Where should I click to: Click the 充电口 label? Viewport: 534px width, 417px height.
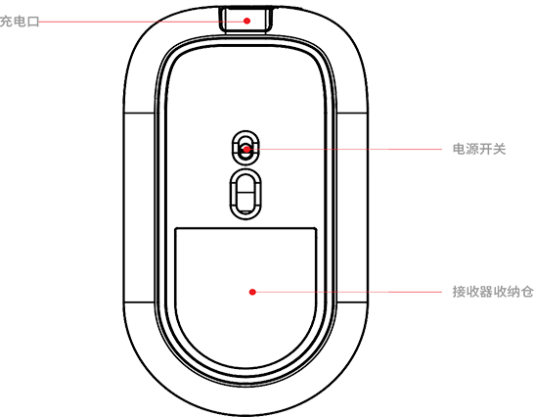pos(20,22)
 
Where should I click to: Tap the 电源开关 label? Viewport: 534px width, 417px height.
pos(479,149)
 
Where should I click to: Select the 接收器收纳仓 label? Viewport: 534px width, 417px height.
pos(493,292)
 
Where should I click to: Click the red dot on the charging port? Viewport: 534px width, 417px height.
pos(247,21)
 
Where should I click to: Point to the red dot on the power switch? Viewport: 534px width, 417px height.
pos(246,149)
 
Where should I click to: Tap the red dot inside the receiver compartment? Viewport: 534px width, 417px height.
pos(252,292)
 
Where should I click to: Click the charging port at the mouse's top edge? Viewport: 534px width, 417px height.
pos(245,21)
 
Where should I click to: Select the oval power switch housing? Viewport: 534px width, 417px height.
pos(245,130)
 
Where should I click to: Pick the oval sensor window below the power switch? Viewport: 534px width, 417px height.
pos(245,169)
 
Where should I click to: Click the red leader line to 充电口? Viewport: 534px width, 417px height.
pos(142,22)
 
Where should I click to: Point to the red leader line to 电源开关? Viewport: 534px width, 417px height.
pos(345,149)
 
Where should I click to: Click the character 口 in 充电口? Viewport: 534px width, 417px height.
pos(33,22)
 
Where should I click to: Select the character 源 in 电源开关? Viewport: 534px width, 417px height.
pos(472,149)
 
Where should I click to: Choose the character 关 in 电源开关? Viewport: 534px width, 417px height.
pos(500,149)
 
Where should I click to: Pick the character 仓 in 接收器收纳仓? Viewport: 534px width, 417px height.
pos(527,292)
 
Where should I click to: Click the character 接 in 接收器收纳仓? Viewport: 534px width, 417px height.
pos(459,292)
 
